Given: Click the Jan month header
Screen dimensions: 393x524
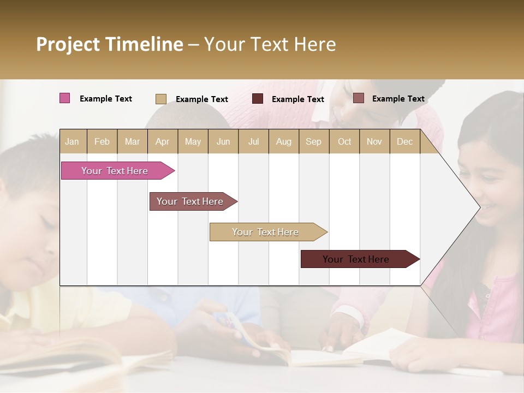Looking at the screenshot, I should [x=72, y=142].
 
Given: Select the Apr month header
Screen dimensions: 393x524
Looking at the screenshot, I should [x=163, y=142].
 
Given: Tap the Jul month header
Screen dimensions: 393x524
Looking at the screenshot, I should [x=253, y=142].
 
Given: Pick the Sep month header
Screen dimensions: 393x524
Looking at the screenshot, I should [x=313, y=142].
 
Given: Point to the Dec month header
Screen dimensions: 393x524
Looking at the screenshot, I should [x=404, y=142].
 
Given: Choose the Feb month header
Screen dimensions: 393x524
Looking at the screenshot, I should [x=102, y=142].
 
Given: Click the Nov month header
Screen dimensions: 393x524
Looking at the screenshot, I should [x=374, y=142].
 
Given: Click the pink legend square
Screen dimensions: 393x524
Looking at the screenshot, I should [x=65, y=98].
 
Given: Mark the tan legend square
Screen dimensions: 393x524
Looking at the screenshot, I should [x=160, y=99].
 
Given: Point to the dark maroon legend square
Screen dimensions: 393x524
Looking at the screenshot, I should [x=258, y=99].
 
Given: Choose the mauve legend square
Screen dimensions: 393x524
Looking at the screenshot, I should [x=358, y=98].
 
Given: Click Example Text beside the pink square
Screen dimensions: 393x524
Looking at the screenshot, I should [x=106, y=99].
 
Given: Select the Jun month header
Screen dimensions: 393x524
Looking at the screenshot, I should [x=223, y=142].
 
